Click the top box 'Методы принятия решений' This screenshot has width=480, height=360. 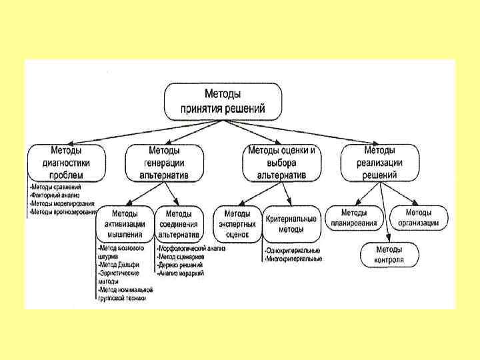[223, 101]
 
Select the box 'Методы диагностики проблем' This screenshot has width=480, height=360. [66, 163]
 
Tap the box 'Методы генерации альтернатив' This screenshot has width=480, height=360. [164, 163]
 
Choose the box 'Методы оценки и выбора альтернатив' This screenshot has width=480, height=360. [281, 163]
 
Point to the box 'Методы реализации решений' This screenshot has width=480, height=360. [379, 163]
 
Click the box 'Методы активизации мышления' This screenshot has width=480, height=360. [125, 224]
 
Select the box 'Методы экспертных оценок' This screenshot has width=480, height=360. [237, 224]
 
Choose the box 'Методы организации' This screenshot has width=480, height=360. [419, 217]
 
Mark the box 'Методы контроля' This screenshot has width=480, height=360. [389, 253]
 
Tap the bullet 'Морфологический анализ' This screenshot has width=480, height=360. [191, 249]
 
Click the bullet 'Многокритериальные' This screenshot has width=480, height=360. [293, 258]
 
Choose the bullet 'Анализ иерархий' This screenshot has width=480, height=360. [181, 273]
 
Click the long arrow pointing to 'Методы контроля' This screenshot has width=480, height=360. [385, 210]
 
